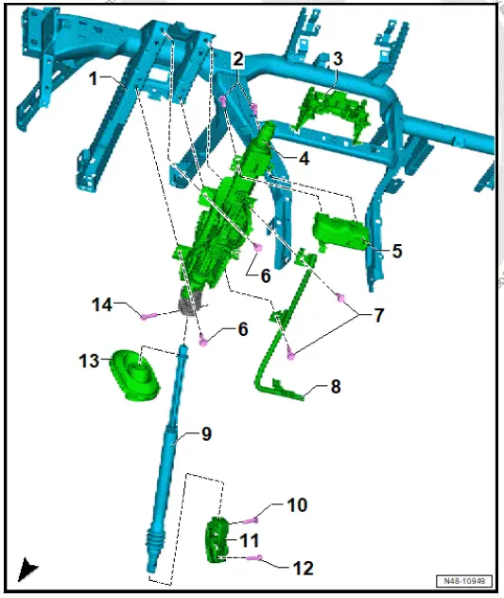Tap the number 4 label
click(x=303, y=160)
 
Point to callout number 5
click(x=397, y=252)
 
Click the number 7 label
click(x=378, y=315)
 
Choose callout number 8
click(x=335, y=386)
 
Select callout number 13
click(x=88, y=361)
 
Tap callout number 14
click(x=102, y=305)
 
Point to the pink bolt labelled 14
click(x=147, y=316)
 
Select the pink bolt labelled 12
click(x=254, y=558)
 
